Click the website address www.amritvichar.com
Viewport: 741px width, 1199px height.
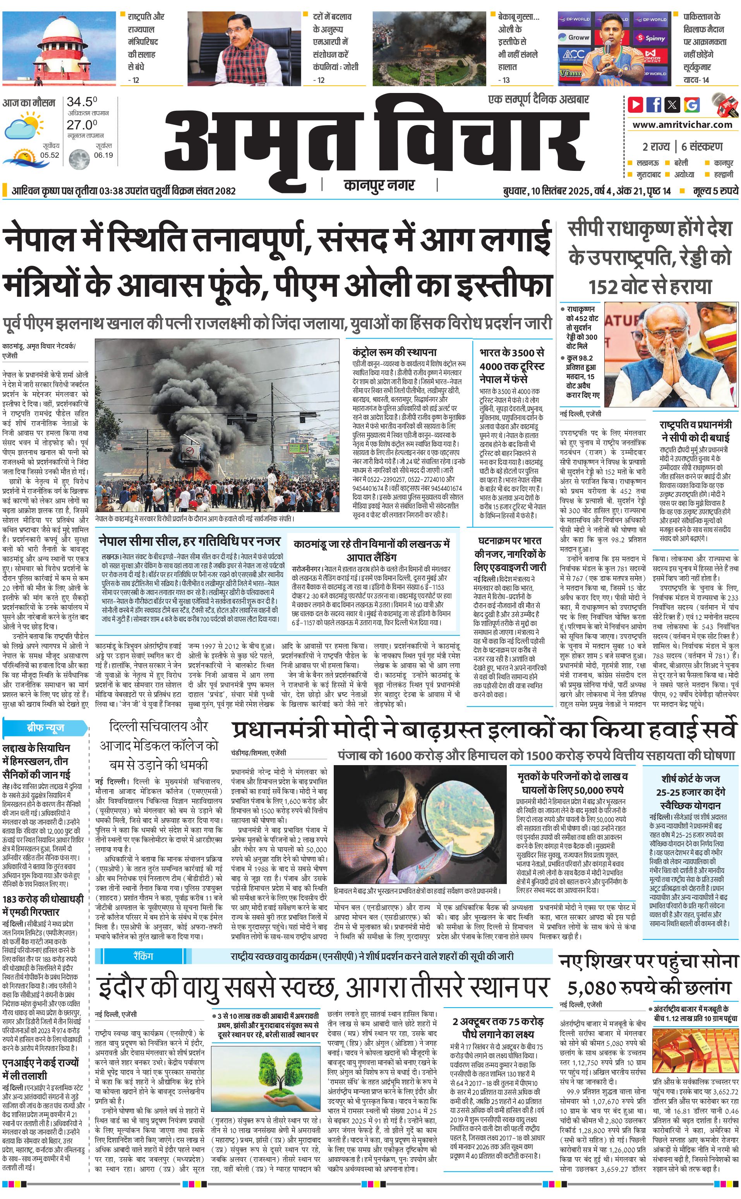click(x=682, y=125)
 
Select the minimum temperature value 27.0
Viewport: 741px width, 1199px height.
click(x=82, y=125)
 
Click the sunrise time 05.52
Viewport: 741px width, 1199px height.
click(x=50, y=155)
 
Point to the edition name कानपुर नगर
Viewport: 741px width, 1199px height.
click(x=379, y=185)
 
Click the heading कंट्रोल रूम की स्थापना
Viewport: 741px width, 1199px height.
click(x=394, y=352)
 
